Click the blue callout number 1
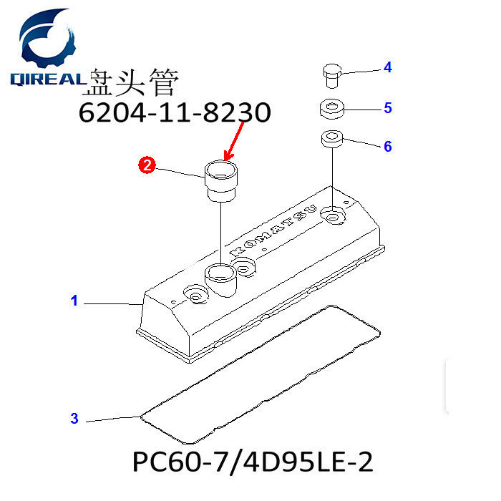[x=74, y=301]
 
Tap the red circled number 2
[x=147, y=165]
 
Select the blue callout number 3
[x=74, y=418]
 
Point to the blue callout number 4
[x=388, y=67]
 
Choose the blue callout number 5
[x=388, y=107]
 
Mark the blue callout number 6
[x=388, y=146]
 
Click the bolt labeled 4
[x=332, y=76]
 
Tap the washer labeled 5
[x=332, y=109]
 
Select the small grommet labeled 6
[x=332, y=140]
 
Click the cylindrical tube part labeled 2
[x=221, y=181]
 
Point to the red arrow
[x=234, y=141]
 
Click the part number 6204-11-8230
[x=175, y=112]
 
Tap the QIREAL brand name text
[x=48, y=79]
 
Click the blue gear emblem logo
[x=47, y=39]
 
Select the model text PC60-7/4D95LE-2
[x=253, y=462]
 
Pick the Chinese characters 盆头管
[x=130, y=82]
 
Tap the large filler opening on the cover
[x=220, y=274]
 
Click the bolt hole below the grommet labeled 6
[x=333, y=217]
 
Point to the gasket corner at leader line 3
[x=141, y=417]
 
